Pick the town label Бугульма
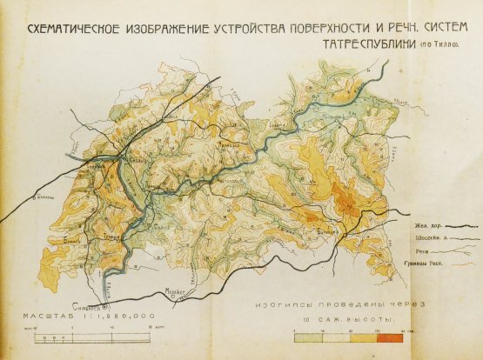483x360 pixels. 329,232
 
